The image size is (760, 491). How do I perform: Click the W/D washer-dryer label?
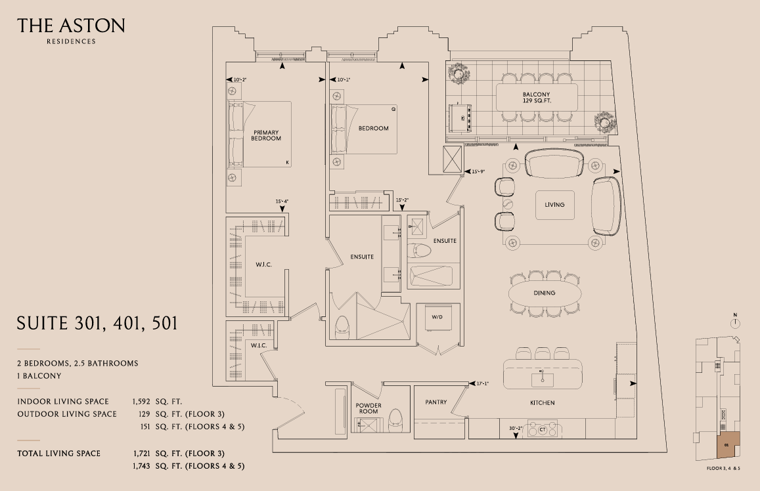(x=437, y=317)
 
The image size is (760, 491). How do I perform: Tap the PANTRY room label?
(x=436, y=402)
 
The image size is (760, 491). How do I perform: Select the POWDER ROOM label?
(x=369, y=408)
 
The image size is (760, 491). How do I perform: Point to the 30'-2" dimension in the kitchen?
(x=516, y=429)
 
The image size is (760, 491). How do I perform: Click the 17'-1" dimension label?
(x=482, y=383)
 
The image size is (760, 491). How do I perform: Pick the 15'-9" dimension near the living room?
(x=478, y=171)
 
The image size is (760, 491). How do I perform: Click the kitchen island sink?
(x=543, y=379)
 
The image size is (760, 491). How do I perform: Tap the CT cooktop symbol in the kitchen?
(x=543, y=429)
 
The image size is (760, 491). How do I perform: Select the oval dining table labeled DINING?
(x=545, y=293)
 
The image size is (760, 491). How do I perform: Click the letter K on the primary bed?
(x=288, y=163)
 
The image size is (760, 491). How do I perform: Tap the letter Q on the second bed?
(x=393, y=110)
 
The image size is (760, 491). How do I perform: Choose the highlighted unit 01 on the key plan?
(x=728, y=444)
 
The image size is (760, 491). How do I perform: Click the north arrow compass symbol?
(x=735, y=322)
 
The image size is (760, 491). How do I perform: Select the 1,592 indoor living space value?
(x=141, y=402)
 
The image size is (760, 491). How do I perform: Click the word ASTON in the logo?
(x=94, y=26)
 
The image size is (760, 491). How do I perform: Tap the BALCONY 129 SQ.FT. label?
(x=537, y=98)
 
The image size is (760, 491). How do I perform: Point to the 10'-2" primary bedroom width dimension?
(x=240, y=79)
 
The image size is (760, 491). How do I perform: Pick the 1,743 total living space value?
(x=141, y=466)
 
